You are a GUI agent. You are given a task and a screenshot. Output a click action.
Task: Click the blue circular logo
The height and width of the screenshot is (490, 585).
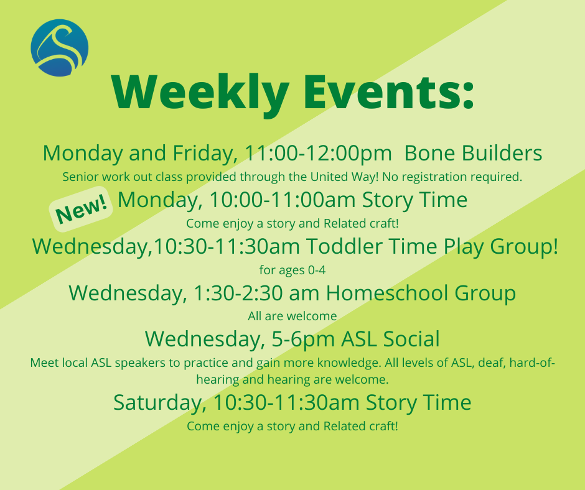(x=59, y=48)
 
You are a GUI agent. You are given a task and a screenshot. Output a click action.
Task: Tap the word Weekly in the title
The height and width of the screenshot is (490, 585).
(x=200, y=93)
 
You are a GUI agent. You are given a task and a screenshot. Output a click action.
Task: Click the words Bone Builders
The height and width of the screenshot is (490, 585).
(x=473, y=153)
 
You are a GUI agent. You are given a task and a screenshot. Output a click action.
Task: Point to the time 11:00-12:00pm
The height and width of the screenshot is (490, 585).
(x=318, y=153)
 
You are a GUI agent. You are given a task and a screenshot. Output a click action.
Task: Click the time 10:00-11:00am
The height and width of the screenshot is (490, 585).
(x=283, y=200)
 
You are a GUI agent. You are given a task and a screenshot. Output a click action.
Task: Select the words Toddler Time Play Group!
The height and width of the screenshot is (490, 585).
(x=433, y=246)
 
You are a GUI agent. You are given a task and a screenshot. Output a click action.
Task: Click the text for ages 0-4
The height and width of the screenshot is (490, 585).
(x=292, y=270)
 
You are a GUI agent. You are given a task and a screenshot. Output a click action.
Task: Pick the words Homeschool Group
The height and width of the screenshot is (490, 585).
(x=421, y=293)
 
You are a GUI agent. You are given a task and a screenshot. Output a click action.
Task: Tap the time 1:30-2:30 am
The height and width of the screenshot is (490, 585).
(x=256, y=293)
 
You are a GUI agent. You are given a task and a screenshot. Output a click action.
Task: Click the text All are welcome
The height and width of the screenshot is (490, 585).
(x=292, y=316)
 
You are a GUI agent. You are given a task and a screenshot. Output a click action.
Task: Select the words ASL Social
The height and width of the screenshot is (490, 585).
(x=390, y=339)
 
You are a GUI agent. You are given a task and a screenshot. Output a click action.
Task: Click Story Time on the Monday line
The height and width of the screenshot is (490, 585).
(x=414, y=200)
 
